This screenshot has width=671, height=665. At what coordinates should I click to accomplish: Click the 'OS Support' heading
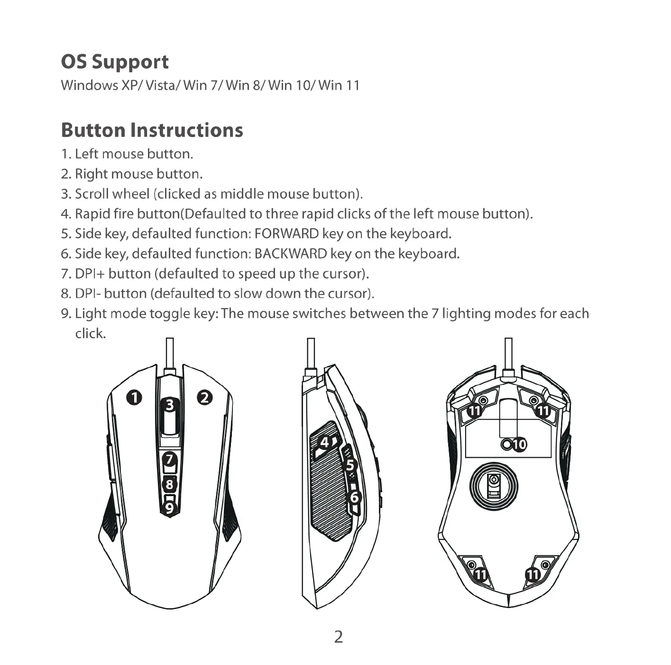[x=115, y=62]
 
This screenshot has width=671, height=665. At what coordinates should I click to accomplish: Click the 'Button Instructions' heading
[x=152, y=130]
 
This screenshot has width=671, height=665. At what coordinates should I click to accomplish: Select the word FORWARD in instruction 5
[x=286, y=234]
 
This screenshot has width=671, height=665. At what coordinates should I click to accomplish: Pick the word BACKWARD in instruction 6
[x=291, y=254]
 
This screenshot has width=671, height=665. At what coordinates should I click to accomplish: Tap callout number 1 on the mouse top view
[x=134, y=397]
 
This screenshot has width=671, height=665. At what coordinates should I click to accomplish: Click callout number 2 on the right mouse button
[x=205, y=397]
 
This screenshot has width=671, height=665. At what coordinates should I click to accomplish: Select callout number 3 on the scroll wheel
[x=170, y=406]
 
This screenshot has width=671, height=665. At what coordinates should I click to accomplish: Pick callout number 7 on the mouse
[x=169, y=459]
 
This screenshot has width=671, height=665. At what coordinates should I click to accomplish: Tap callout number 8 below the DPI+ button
[x=169, y=485]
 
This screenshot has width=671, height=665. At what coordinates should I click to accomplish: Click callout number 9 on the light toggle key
[x=169, y=508]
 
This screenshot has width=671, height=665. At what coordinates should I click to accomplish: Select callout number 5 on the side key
[x=350, y=465]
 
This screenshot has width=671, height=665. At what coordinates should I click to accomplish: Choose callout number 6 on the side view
[x=354, y=497]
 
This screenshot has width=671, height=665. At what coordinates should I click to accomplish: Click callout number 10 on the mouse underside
[x=519, y=444]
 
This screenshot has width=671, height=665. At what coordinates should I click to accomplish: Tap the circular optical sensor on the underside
[x=494, y=486]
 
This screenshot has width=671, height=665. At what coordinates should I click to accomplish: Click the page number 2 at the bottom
[x=338, y=637]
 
